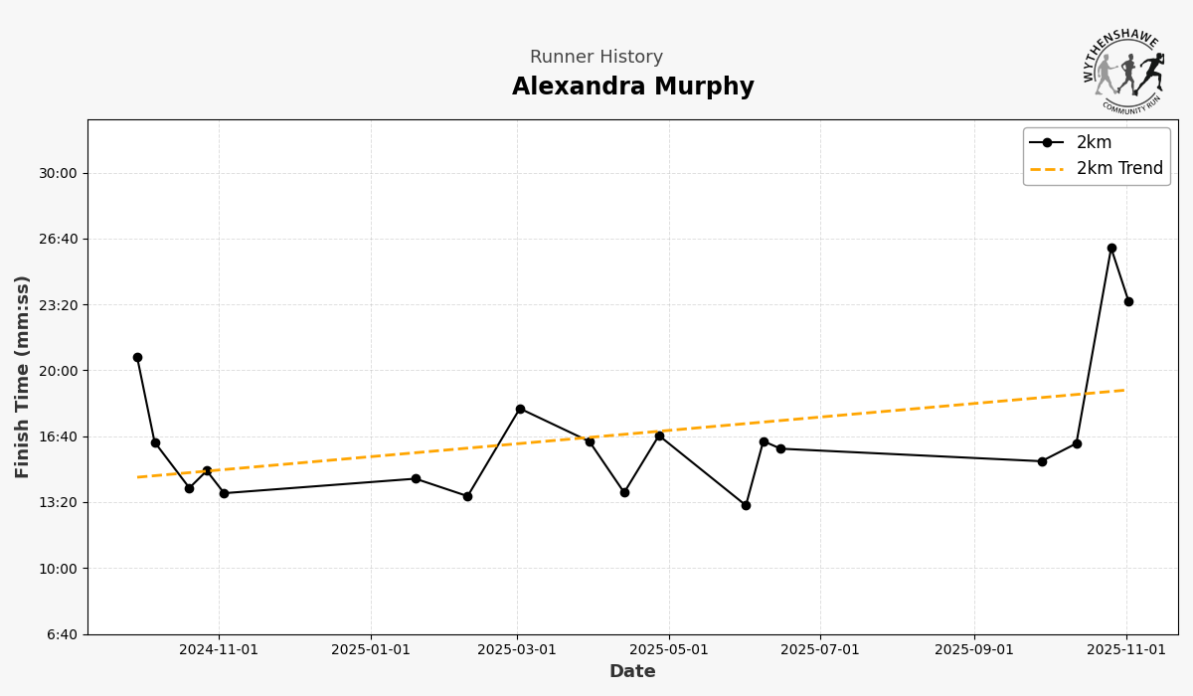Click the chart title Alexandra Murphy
pos(632,87)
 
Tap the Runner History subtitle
pos(596,58)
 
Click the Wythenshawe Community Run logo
pos(1123,70)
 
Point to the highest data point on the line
pos(1111,248)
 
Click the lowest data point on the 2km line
pos(746,505)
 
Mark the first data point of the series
pos(137,357)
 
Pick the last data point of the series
pos(1128,301)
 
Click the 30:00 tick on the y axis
pos(58,173)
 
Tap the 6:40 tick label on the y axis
pos(62,634)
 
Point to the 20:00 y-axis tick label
pos(58,371)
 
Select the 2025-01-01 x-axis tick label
pos(371,650)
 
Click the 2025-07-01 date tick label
pos(820,650)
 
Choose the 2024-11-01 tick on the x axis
pos(219,650)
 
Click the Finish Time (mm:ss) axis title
pos(23,376)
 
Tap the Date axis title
pos(632,672)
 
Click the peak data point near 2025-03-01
pos(520,409)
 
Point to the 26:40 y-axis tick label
pos(58,239)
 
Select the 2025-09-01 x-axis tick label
pos(974,650)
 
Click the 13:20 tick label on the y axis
pos(58,503)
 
